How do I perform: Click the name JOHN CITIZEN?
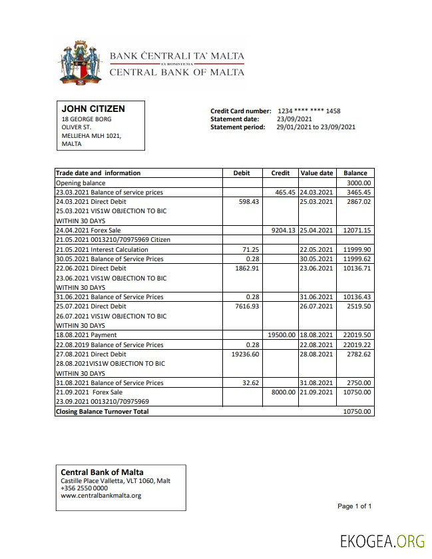pos(93,109)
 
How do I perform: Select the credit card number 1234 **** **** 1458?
pos(309,111)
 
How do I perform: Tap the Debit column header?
pos(242,173)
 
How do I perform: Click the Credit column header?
pos(280,173)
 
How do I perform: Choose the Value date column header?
pos(317,173)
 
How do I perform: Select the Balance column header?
pos(355,173)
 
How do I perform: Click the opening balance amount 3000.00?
pos(359,183)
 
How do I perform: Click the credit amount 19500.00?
pos(281,335)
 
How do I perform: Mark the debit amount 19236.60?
pos(245,354)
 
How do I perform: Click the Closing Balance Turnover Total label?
pos(102,412)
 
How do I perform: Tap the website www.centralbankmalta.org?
pos(101,496)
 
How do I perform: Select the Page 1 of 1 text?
pos(354,506)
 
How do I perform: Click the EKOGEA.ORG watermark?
pos(381,541)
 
